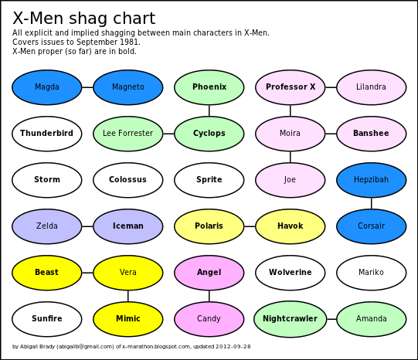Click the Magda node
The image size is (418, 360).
(x=47, y=87)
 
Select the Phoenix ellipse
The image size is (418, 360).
(x=209, y=87)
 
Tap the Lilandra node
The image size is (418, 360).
(x=372, y=87)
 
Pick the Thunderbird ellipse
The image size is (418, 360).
(x=47, y=134)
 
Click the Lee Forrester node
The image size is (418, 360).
(x=128, y=134)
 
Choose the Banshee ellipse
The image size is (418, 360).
(x=372, y=134)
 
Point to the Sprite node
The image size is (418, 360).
(x=209, y=180)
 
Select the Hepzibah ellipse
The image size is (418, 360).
(x=372, y=180)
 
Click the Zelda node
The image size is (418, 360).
(x=47, y=226)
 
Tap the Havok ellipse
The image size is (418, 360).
(x=291, y=226)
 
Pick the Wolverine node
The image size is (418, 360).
(x=291, y=273)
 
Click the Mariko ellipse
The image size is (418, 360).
(x=372, y=273)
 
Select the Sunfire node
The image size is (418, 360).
(x=47, y=319)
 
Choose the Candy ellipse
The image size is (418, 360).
(x=209, y=319)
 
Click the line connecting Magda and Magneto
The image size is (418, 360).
(x=87, y=87)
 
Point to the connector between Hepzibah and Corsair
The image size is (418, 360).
(x=372, y=203)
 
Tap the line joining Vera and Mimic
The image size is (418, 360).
(x=128, y=296)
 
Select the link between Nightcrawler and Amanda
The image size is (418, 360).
(x=331, y=319)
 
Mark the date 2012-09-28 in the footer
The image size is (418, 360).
(x=233, y=346)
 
